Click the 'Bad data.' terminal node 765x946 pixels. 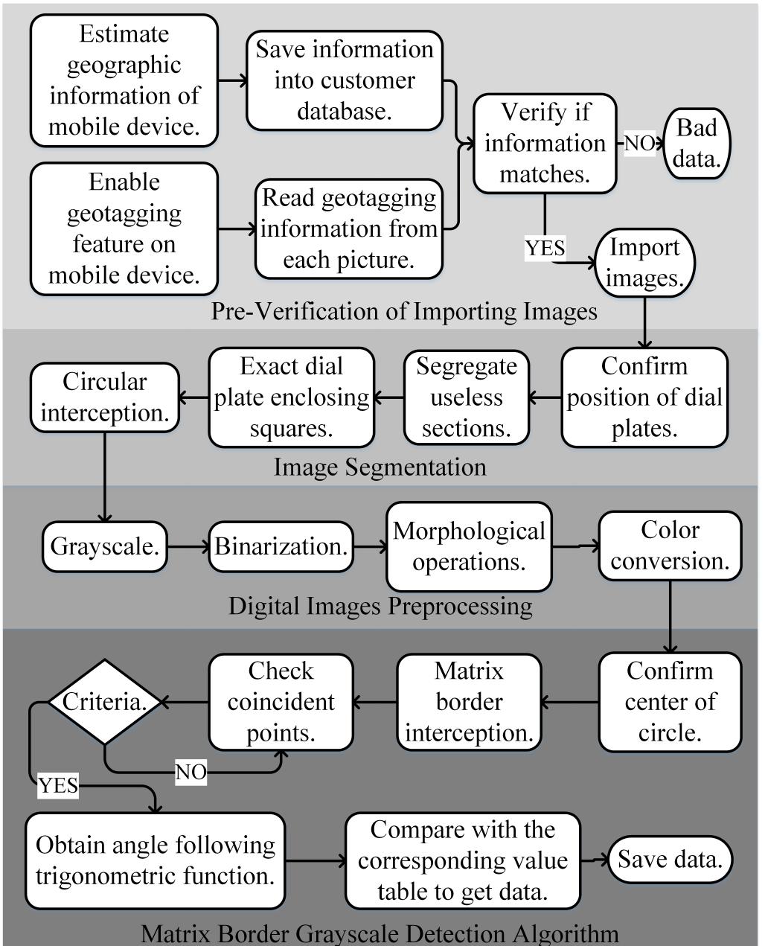pyautogui.click(x=697, y=143)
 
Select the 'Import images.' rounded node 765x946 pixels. pyautogui.click(x=644, y=263)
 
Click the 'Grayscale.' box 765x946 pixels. pyautogui.click(x=104, y=546)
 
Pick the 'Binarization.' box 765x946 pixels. pyautogui.click(x=281, y=546)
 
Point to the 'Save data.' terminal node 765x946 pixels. pyautogui.click(x=670, y=860)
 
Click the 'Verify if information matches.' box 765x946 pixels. pyautogui.click(x=545, y=143)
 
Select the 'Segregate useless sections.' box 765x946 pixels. pyautogui.click(x=467, y=397)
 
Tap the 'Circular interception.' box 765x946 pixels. pyautogui.click(x=104, y=397)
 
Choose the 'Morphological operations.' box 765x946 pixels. pyautogui.click(x=469, y=546)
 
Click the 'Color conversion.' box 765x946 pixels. pyautogui.click(x=670, y=545)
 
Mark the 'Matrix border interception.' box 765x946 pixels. pyautogui.click(x=469, y=701)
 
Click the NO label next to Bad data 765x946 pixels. pyautogui.click(x=638, y=143)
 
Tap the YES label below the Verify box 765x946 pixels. pyautogui.click(x=545, y=248)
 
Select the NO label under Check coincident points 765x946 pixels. pyautogui.click(x=191, y=773)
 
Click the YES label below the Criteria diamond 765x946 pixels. pyautogui.click(x=58, y=785)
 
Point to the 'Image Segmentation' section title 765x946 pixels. pyautogui.click(x=380, y=467)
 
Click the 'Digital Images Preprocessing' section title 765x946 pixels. pyautogui.click(x=380, y=606)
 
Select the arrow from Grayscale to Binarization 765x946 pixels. pyautogui.click(x=188, y=547)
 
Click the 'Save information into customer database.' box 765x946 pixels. pyautogui.click(x=345, y=80)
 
